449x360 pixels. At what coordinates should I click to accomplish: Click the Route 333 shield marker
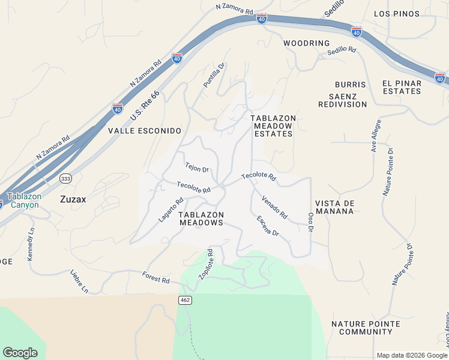pos(67,178)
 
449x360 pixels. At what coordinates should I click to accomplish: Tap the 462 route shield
pos(184,299)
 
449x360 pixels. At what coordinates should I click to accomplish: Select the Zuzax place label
pos(73,199)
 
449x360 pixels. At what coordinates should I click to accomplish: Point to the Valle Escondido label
pos(144,130)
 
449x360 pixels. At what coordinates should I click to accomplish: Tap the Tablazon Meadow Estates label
pos(272,126)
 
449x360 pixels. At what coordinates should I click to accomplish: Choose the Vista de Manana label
pos(335,208)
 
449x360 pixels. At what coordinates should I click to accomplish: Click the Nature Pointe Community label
pos(366,328)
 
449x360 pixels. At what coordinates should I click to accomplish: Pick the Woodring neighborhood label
pos(307,43)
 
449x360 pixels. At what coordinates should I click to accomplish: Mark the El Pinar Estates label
pos(402,87)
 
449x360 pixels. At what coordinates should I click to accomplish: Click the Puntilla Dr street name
pos(213,76)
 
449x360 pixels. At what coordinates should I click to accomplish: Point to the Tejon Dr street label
pos(196,168)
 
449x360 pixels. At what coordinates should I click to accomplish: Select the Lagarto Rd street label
pos(170,211)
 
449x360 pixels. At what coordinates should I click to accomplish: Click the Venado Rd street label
pos(274,206)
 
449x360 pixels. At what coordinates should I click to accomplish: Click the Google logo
pos(20,352)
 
